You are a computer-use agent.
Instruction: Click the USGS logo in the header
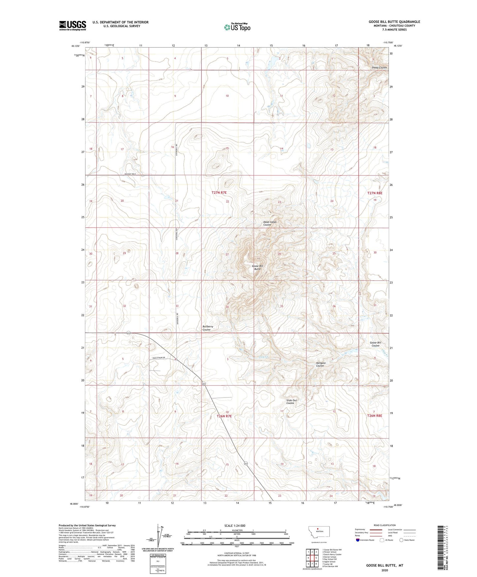(x=73, y=25)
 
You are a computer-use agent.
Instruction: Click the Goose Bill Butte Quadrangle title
(x=394, y=22)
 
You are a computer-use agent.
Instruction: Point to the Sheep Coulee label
(x=379, y=67)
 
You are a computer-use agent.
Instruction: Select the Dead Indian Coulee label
(x=270, y=223)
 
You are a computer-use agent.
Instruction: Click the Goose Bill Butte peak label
(x=257, y=267)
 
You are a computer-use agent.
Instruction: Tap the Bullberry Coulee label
(x=208, y=328)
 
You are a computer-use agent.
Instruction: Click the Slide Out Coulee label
(x=291, y=402)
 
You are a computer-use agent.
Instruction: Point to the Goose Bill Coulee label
(x=375, y=344)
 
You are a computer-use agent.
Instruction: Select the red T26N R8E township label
(x=375, y=416)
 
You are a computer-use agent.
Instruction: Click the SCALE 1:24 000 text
(x=235, y=525)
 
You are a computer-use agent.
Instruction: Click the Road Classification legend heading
(x=385, y=525)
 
